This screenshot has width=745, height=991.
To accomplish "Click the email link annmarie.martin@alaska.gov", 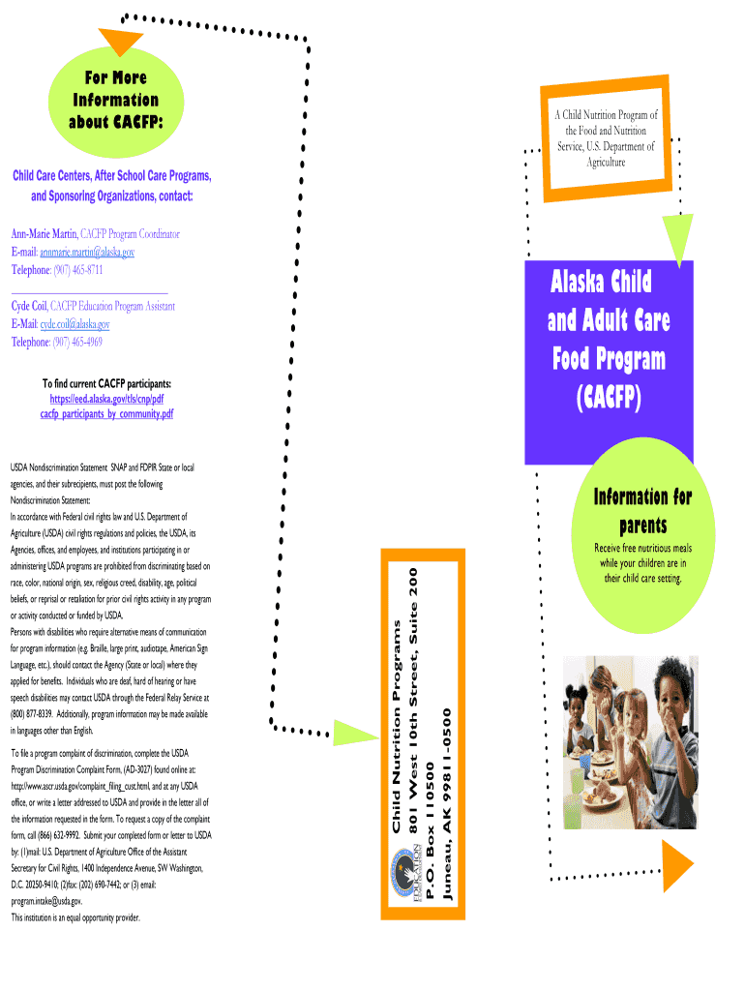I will tap(87, 252).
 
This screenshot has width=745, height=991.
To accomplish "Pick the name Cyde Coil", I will tap(28, 306).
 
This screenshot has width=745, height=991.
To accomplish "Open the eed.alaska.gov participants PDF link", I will tap(106, 405).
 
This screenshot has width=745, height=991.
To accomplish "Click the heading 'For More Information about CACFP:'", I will tap(115, 100).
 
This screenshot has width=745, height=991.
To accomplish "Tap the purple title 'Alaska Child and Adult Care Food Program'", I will tap(609, 339).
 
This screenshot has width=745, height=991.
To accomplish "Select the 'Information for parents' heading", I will tap(641, 511).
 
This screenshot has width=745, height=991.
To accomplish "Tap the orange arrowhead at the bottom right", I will tap(677, 866).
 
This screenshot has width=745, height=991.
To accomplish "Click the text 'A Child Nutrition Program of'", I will tap(606, 115).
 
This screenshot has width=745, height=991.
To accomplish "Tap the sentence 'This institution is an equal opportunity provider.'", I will tap(76, 916).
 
